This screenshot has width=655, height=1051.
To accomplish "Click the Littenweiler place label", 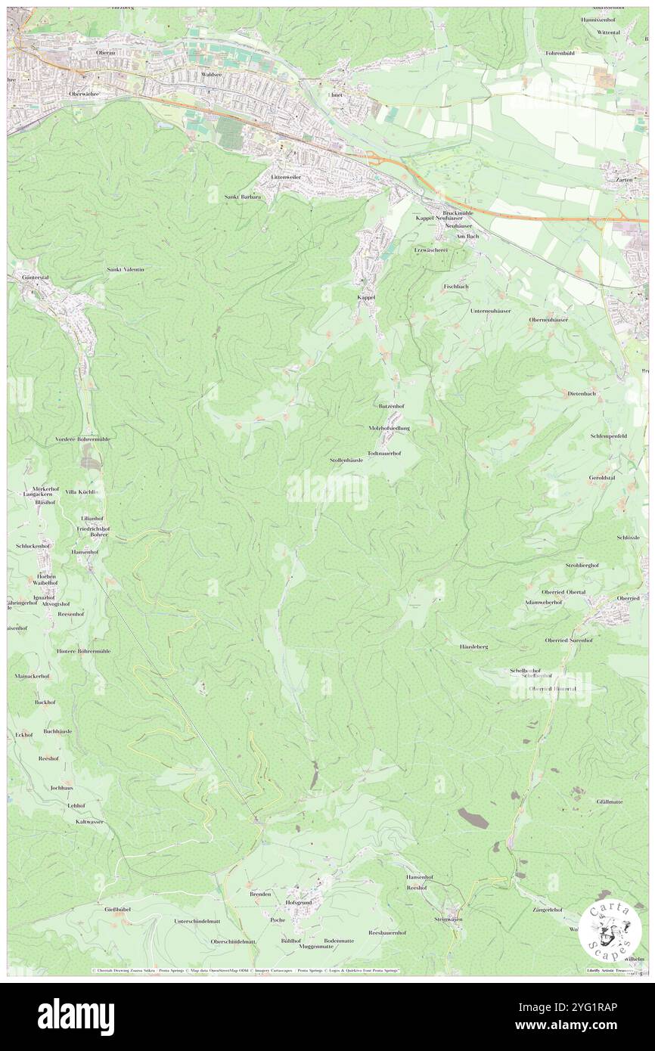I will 287,177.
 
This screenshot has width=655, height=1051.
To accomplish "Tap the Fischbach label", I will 456,287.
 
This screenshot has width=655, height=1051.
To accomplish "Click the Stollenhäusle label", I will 346,460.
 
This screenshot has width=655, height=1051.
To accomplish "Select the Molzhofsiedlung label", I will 389,428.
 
